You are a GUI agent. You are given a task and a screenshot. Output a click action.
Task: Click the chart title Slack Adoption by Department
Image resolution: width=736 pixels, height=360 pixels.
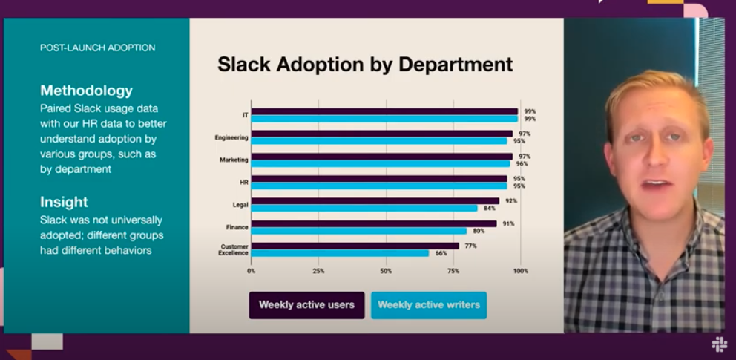click(365, 64)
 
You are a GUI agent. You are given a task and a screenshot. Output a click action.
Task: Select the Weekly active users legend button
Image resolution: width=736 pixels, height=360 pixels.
click(306, 305)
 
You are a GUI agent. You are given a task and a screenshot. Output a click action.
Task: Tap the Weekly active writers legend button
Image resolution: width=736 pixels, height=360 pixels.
click(429, 305)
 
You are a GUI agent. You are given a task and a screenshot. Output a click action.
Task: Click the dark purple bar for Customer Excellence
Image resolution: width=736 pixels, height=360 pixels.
click(355, 246)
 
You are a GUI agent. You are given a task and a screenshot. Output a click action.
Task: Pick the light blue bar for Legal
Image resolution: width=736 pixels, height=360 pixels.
click(364, 209)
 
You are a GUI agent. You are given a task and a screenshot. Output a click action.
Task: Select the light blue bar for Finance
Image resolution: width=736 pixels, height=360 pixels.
click(359, 231)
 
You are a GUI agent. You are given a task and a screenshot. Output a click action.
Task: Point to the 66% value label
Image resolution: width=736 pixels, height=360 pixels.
click(441, 253)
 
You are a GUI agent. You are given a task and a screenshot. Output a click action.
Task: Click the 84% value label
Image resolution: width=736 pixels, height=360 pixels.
click(490, 209)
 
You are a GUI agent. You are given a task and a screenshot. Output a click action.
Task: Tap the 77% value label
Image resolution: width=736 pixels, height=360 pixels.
click(471, 246)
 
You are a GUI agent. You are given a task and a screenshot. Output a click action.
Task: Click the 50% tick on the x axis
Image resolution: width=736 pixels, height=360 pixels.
click(386, 271)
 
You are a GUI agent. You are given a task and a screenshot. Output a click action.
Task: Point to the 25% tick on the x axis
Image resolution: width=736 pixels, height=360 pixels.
click(318, 271)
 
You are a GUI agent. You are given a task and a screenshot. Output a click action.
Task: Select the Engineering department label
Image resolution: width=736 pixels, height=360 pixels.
click(231, 137)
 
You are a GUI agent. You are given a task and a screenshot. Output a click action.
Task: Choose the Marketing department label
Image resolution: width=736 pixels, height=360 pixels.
click(234, 160)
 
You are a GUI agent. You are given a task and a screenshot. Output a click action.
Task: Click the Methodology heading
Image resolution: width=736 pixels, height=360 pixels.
click(86, 91)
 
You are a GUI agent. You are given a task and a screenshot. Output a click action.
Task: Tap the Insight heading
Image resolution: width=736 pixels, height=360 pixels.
click(64, 202)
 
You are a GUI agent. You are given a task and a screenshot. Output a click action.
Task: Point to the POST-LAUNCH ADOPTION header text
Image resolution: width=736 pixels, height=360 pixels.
click(97, 48)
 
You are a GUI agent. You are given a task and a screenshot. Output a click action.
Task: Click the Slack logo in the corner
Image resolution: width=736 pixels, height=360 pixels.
click(719, 344)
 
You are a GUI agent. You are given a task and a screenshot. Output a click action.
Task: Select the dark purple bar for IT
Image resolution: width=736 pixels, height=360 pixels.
click(384, 111)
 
